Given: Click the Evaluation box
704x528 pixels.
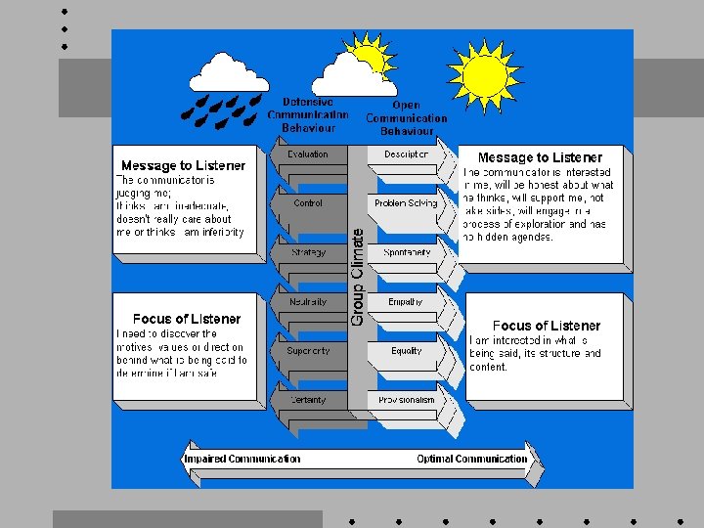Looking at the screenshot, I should click(308, 154).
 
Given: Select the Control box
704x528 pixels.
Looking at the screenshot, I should click(308, 203).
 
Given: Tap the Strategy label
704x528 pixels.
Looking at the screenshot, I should click(308, 252).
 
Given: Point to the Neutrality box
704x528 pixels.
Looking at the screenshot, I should click(308, 302).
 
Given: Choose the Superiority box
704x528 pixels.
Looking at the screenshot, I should click(308, 351).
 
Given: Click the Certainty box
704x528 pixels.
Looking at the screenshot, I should click(308, 400).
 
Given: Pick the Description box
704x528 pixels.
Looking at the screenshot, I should click(406, 154).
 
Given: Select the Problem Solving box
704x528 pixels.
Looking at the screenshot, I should click(406, 203).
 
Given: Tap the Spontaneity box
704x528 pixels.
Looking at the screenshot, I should click(406, 252).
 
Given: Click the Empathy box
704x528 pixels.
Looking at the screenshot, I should click(406, 302).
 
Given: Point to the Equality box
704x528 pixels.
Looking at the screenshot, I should click(406, 351).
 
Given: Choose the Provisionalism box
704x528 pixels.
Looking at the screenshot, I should click(406, 400).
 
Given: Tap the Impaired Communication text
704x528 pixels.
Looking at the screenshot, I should click(242, 459).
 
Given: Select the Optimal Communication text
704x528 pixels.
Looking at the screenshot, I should click(471, 459).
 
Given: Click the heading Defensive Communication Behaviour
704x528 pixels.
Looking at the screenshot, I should click(308, 114).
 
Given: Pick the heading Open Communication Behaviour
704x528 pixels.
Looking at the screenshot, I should click(406, 117).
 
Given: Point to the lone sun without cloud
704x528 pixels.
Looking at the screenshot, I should click(484, 72).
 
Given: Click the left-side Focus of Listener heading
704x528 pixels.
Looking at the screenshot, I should click(187, 319).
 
